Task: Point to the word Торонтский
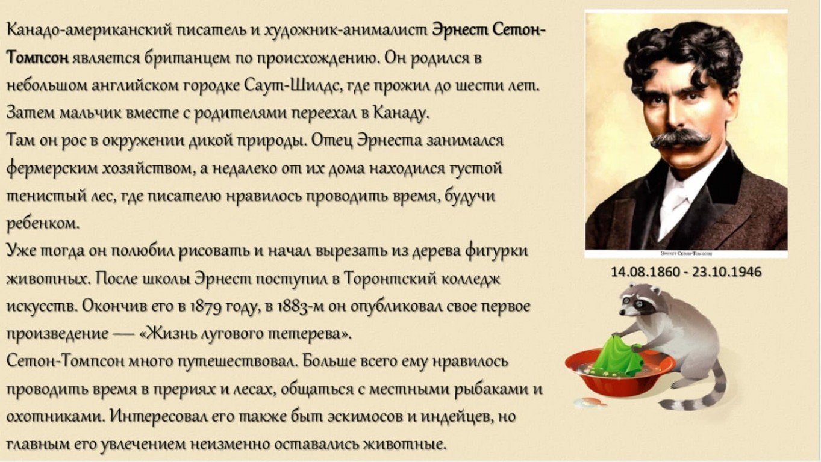[x=391, y=280]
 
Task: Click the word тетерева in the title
[x=307, y=334]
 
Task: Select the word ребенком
[x=43, y=223]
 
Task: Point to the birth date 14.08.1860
[x=645, y=272]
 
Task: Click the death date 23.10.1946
[x=727, y=272]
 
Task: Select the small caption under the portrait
[x=686, y=253]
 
